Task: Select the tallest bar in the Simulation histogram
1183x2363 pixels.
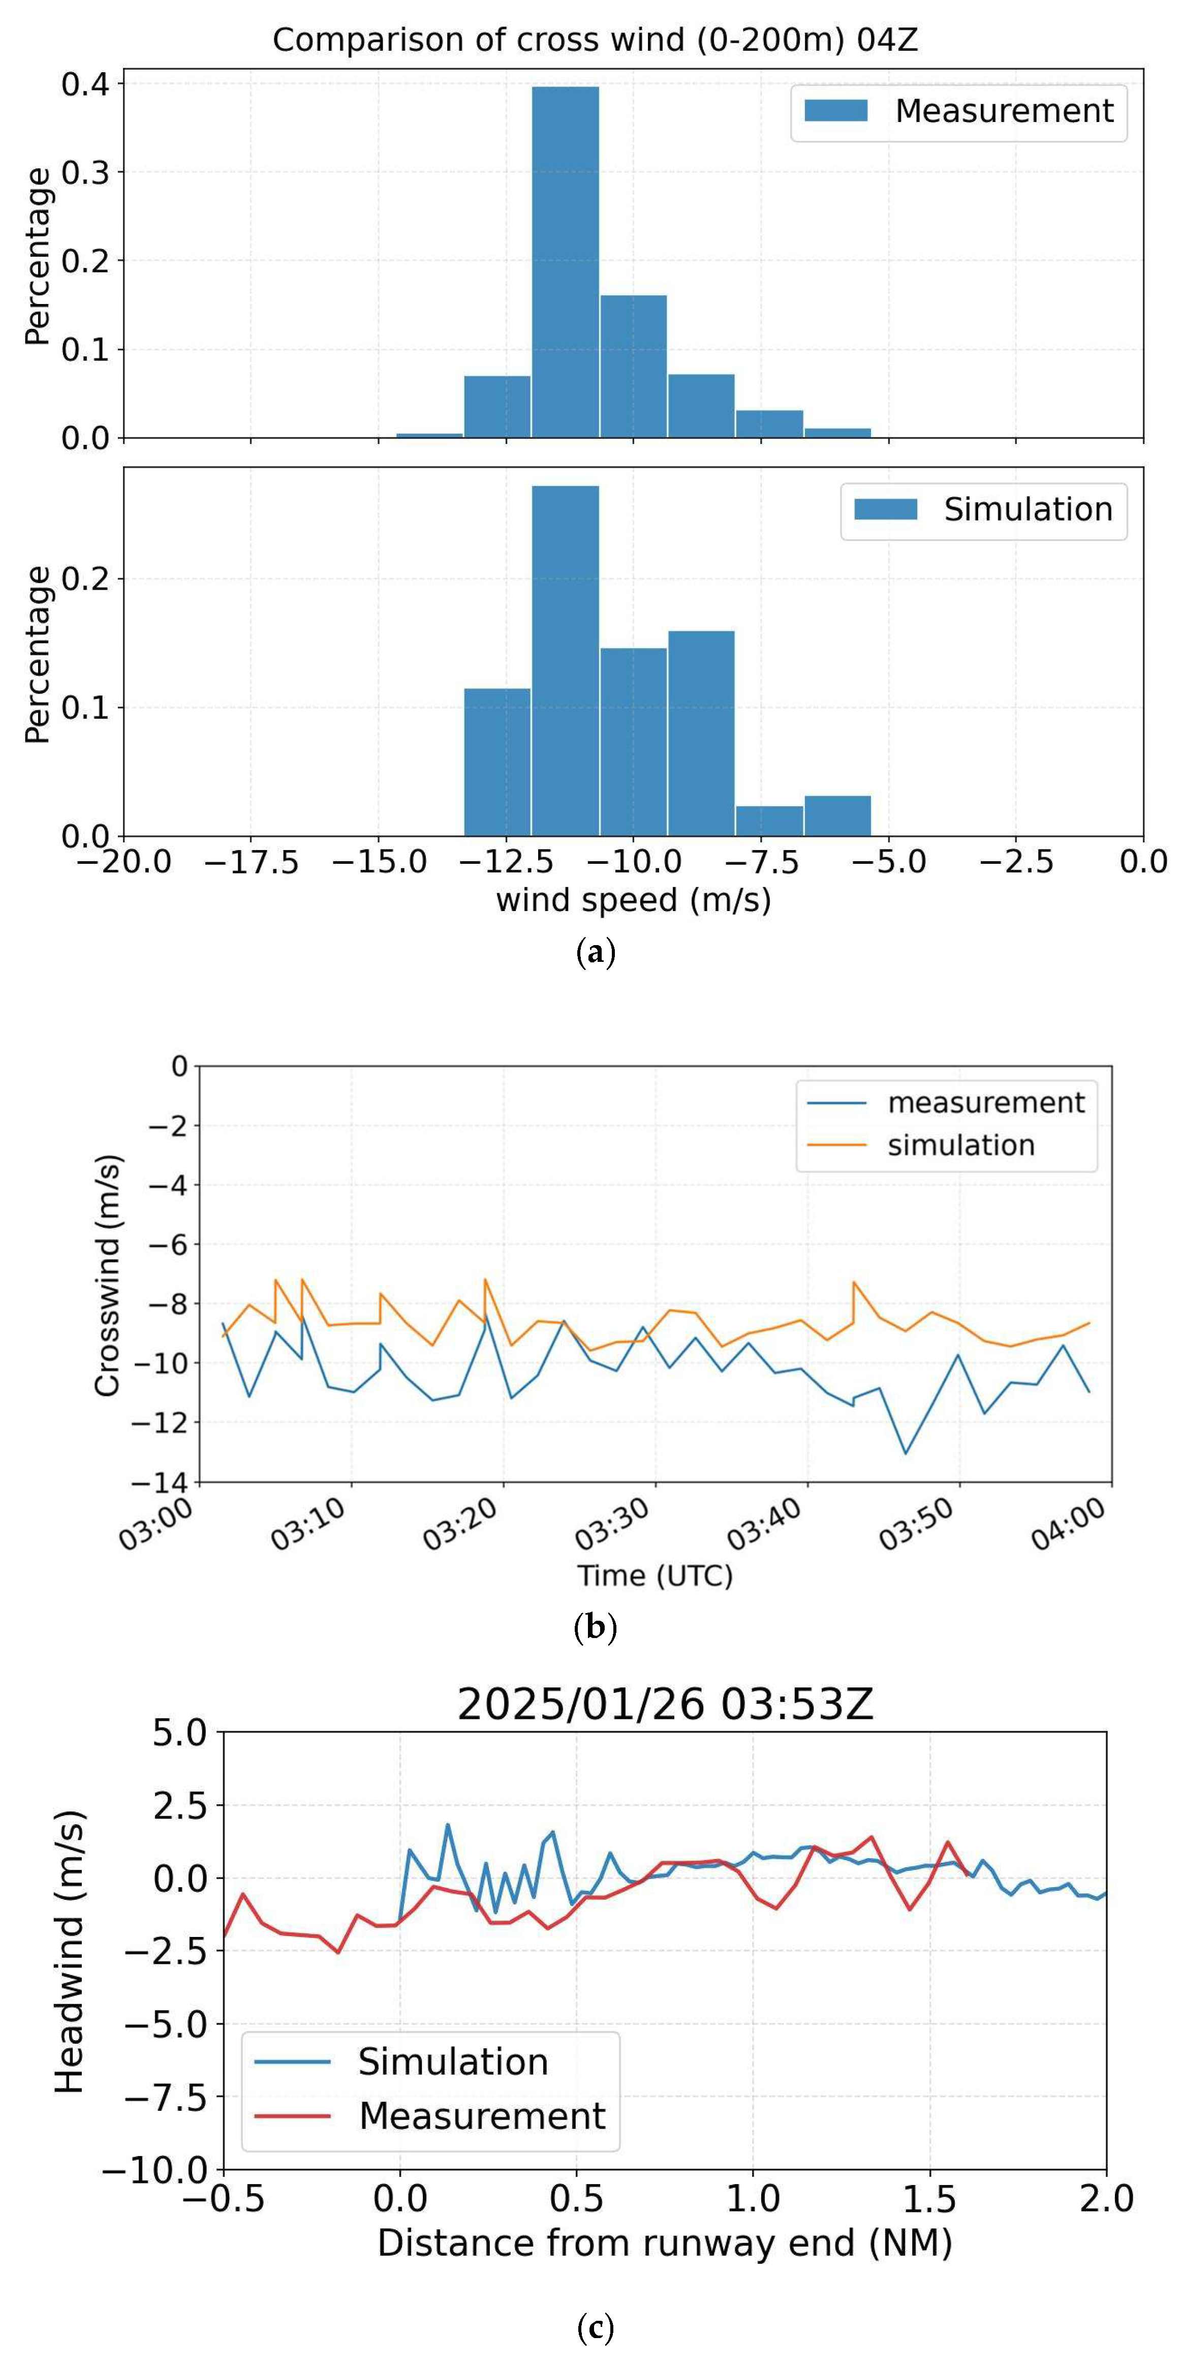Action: pyautogui.click(x=565, y=660)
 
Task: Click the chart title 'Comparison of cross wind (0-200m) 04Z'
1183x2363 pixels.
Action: pyautogui.click(x=595, y=40)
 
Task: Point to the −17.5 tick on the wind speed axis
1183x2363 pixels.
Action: pyautogui.click(x=251, y=862)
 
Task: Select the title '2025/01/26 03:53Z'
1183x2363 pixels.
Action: pyautogui.click(x=665, y=1704)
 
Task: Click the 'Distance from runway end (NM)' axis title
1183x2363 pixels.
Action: pyautogui.click(x=665, y=2243)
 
